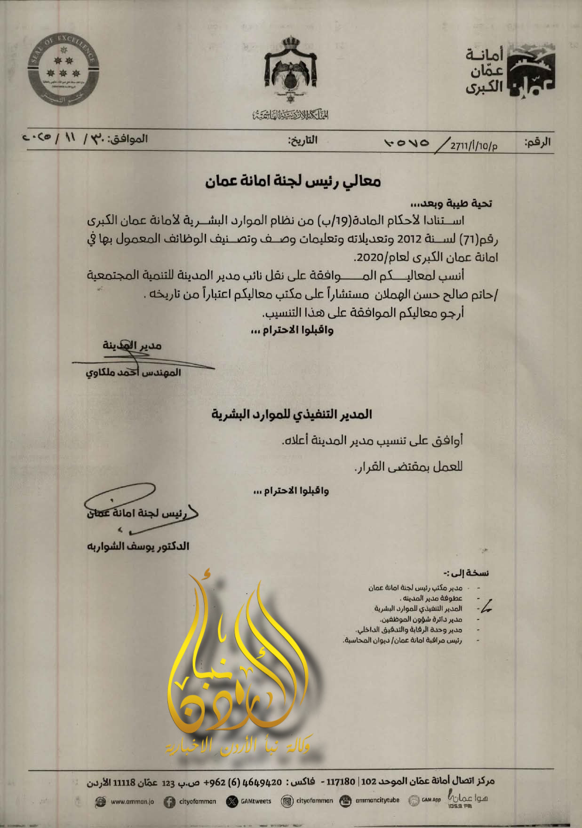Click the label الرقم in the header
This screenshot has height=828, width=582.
pyautogui.click(x=537, y=142)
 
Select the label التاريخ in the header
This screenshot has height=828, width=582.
pyautogui.click(x=303, y=140)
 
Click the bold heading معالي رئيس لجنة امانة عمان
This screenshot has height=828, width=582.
pyautogui.click(x=293, y=181)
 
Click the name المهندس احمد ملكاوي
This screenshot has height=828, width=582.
pyautogui.click(x=133, y=373)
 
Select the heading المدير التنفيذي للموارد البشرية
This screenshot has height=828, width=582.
pyautogui.click(x=291, y=414)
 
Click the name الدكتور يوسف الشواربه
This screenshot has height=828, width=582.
pyautogui.click(x=138, y=546)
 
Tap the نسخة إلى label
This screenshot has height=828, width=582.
pyautogui.click(x=466, y=573)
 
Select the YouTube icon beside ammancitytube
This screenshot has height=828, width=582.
pyautogui.click(x=345, y=801)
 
